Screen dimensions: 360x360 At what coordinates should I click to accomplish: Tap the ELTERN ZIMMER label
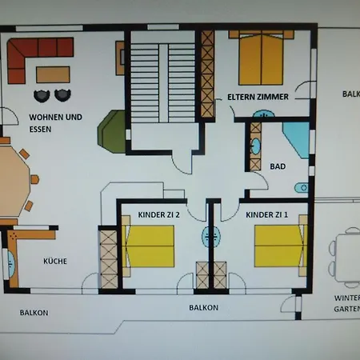[257, 96]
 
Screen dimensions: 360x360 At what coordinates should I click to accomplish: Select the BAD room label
[278, 166]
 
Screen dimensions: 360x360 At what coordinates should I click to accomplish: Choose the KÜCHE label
[56, 261]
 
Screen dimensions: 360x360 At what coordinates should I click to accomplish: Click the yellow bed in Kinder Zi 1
[279, 246]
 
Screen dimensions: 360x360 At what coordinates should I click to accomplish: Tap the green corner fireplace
[112, 130]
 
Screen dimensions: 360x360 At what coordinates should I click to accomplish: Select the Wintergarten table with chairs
[349, 256]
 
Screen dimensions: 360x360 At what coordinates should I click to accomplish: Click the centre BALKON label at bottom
[204, 307]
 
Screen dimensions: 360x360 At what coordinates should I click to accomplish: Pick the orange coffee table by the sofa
[53, 74]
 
